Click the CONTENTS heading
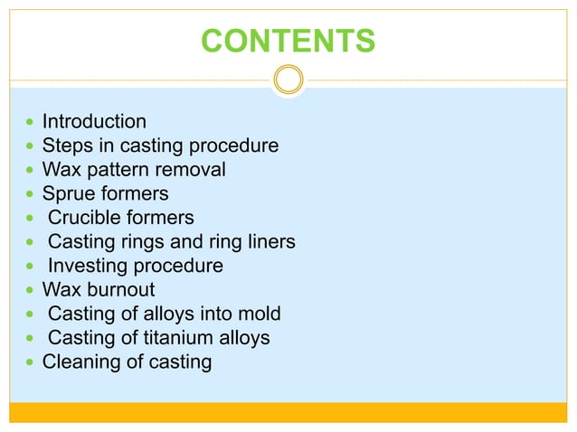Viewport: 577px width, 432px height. click(x=288, y=41)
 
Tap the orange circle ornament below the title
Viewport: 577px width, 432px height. click(x=288, y=80)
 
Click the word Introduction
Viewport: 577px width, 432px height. click(x=94, y=121)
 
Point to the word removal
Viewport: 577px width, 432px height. click(x=193, y=169)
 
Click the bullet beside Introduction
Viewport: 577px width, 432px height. click(x=27, y=122)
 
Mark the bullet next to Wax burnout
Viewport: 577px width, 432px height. click(x=27, y=291)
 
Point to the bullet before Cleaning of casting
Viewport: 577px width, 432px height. click(x=27, y=363)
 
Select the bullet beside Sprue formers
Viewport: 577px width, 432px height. click(x=27, y=194)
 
